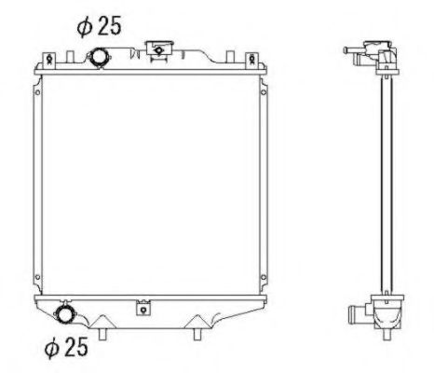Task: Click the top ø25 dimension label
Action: point(100,26)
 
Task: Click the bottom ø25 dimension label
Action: point(67,348)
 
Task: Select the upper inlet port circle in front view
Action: point(98,59)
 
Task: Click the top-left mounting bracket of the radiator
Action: point(41,61)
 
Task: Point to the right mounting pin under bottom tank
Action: point(197,331)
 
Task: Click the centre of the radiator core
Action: point(146,182)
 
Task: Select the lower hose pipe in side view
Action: point(354,313)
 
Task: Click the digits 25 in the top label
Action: point(110,26)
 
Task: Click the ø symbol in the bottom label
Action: point(53,348)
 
